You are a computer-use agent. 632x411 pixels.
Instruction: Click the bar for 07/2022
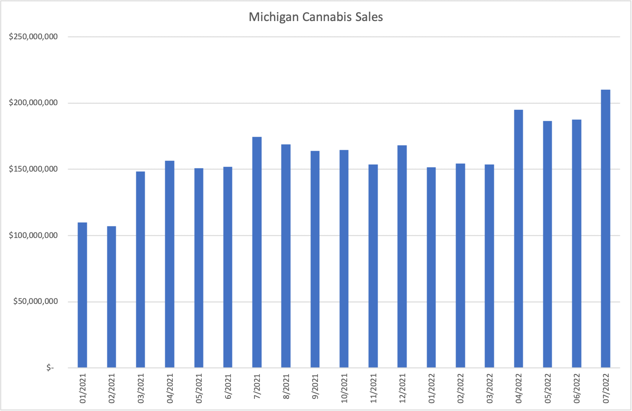coord(605,229)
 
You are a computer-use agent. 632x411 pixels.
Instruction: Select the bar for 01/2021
coord(82,295)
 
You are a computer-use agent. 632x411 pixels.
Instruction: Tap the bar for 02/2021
coord(111,297)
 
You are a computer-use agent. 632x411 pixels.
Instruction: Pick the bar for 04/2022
coord(518,238)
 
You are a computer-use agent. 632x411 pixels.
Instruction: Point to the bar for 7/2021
coord(257,252)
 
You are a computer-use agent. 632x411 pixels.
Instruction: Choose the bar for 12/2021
coord(402,257)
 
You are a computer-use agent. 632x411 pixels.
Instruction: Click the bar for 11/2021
coord(373,266)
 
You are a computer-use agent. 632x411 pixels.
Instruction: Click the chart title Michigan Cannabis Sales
coord(316,17)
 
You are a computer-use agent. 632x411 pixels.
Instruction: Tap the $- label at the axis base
coord(50,368)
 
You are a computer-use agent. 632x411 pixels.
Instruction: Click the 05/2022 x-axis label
coord(548,388)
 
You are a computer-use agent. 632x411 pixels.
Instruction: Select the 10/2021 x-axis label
coord(344,388)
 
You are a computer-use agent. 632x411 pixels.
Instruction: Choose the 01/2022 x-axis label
coord(431,388)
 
